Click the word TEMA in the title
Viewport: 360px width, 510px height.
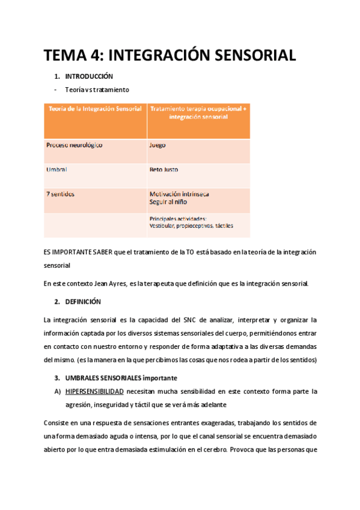64,56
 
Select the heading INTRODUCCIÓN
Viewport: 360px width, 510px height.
89,77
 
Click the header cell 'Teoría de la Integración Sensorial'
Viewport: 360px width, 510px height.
94,109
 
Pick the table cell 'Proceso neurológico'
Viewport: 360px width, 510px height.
74,146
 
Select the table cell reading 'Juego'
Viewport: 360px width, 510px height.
157,146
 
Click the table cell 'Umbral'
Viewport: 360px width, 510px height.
56,170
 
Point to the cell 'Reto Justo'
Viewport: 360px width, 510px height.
163,170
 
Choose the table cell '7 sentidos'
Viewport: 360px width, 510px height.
60,194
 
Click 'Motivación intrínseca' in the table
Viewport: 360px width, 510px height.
179,194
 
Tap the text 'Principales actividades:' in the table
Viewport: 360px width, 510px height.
178,219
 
